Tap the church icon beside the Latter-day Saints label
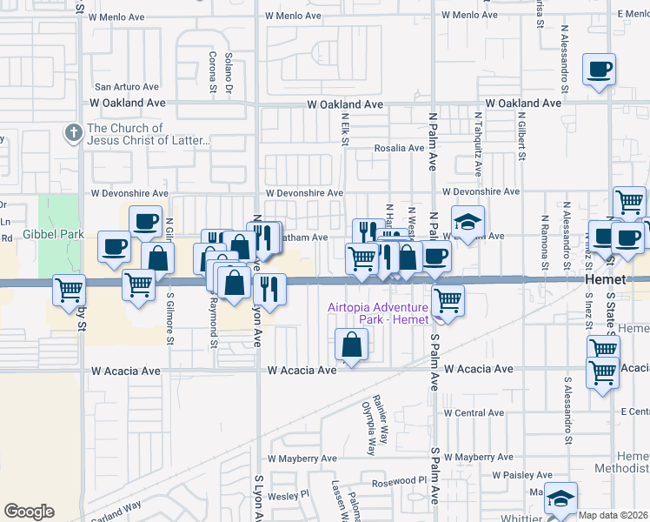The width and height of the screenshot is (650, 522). point(72,134)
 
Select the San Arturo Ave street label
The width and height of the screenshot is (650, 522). point(127,87)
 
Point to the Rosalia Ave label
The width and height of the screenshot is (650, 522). point(399,148)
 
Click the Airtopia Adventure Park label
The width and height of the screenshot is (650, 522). point(378,313)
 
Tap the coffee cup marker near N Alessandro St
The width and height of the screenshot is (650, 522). point(599,70)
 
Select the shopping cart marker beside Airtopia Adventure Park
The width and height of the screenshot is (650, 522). point(448,302)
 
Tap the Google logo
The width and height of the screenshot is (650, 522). point(29,512)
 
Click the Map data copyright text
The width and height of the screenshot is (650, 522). point(614,515)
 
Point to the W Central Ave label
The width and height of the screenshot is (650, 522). point(474,412)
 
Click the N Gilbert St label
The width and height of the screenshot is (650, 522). point(521,135)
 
